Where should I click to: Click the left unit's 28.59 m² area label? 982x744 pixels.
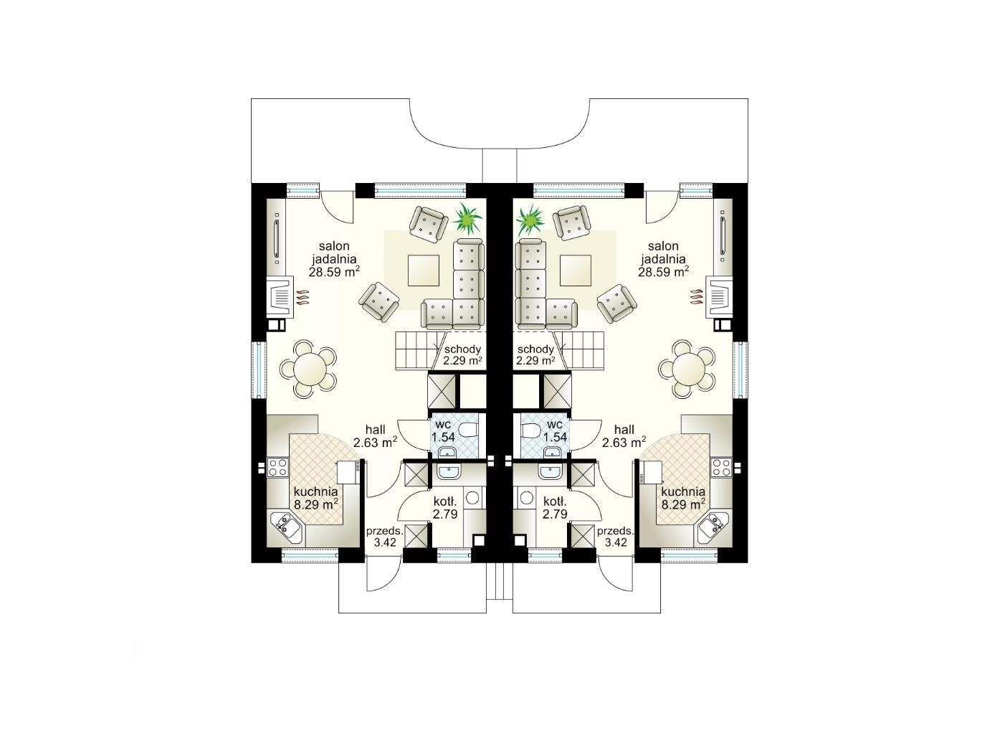coord(334,271)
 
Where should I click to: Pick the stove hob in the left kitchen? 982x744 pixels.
coord(277,467)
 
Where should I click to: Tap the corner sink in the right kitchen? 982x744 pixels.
coord(711,527)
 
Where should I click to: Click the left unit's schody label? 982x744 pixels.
coord(462,349)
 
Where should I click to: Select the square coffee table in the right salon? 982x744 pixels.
coord(576,270)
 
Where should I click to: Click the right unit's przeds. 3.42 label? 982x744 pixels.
coord(615,537)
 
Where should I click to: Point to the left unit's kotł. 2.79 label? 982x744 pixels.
coord(445,507)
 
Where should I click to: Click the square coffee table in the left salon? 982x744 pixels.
coord(423,270)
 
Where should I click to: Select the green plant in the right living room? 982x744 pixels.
coord(530,220)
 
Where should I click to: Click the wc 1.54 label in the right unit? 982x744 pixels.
coord(555,430)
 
